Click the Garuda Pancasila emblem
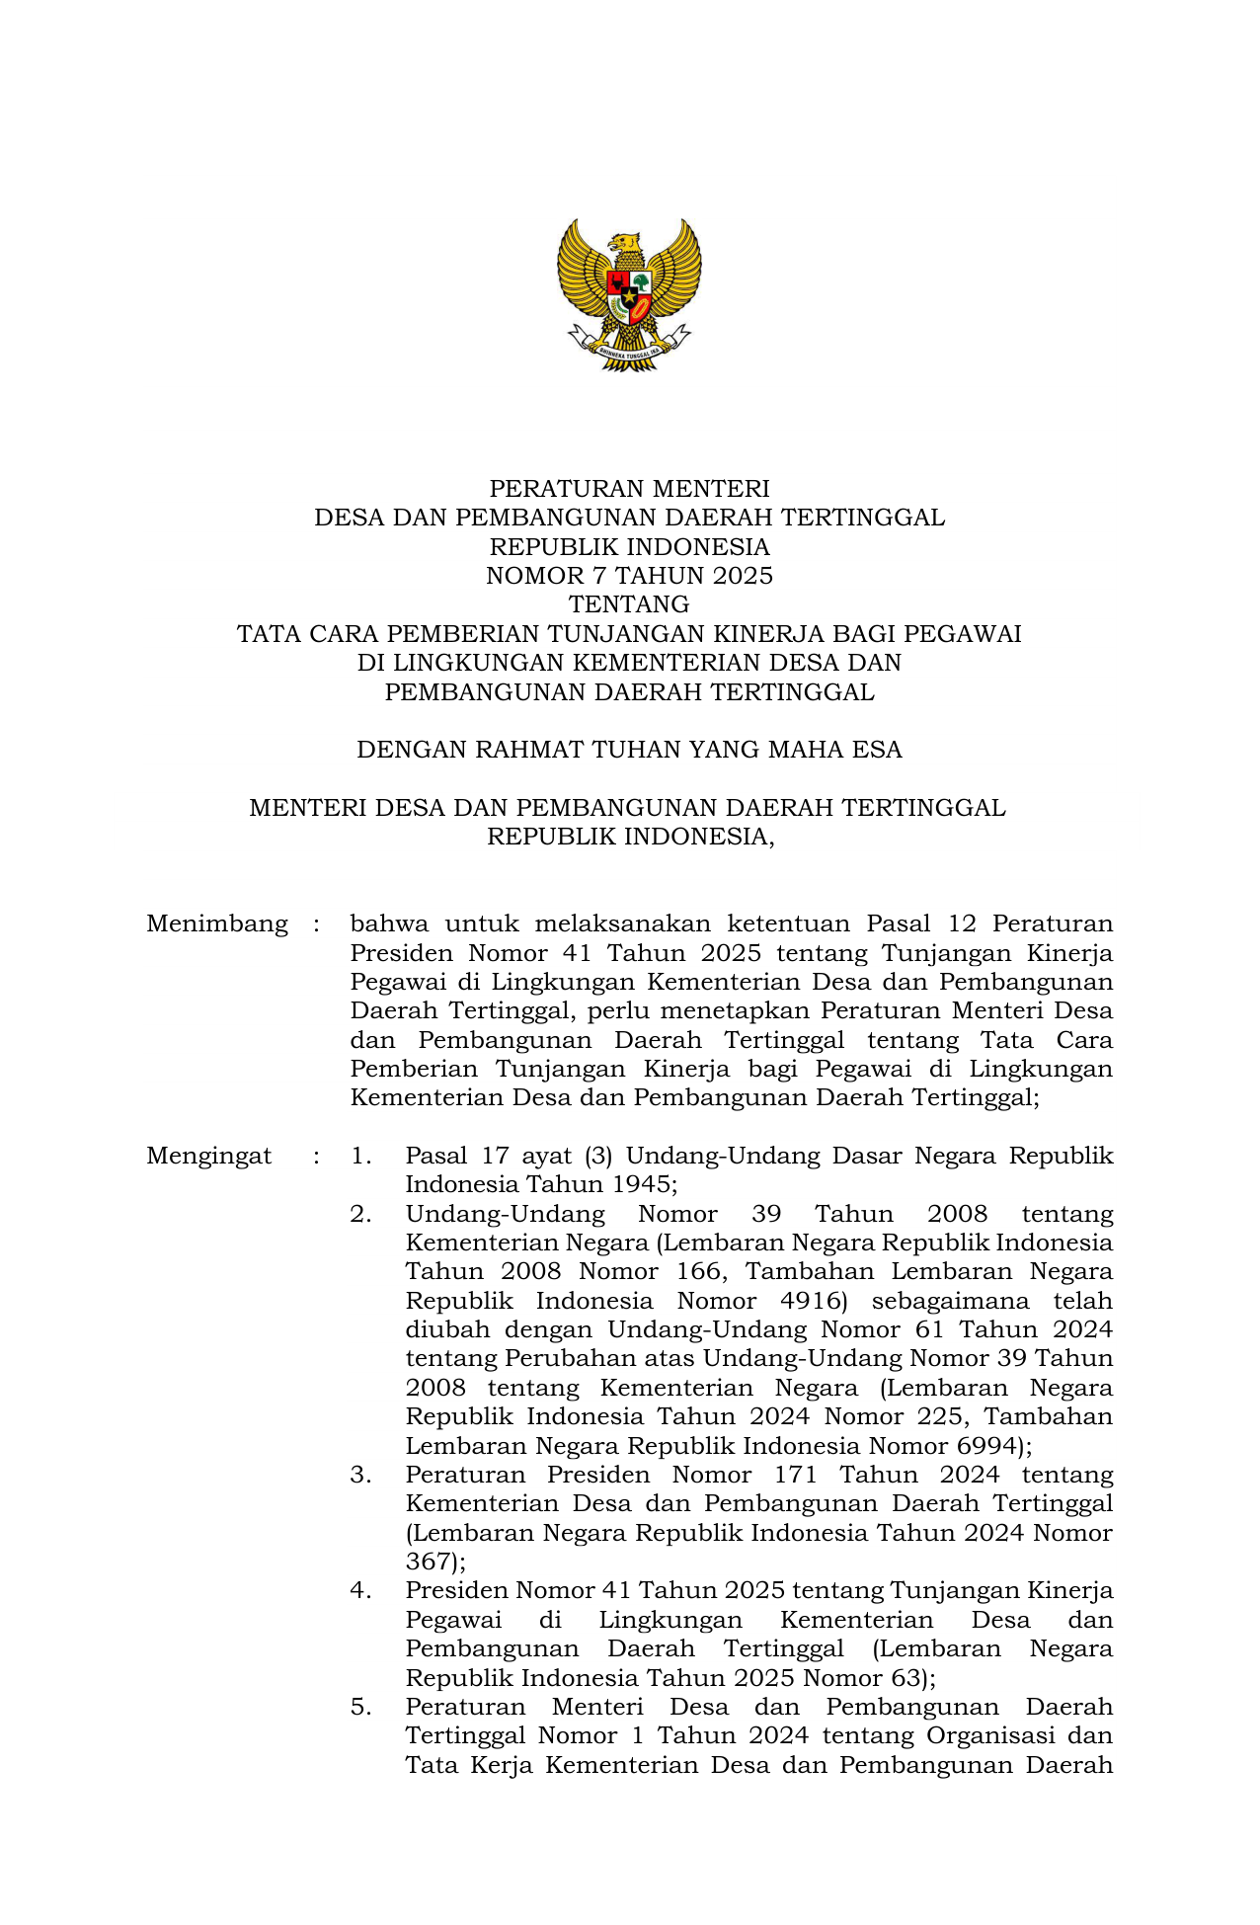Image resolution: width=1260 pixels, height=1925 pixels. pos(629,294)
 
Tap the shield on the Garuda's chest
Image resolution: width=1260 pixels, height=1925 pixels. pos(629,295)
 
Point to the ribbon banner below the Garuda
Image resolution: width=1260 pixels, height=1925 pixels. pos(629,347)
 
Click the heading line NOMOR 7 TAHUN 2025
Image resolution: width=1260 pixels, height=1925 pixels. pos(629,576)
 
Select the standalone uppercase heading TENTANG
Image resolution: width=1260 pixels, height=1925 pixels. pos(629,604)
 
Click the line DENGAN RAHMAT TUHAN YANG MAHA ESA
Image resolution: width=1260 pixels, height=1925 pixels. pos(629,750)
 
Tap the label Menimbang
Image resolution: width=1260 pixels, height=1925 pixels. pos(217,924)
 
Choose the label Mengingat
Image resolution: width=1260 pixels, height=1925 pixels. pos(209,1157)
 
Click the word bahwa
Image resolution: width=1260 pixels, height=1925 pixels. pos(389,924)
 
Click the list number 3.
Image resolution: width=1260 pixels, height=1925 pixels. pos(360,1476)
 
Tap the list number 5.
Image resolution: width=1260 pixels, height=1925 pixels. pos(360,1708)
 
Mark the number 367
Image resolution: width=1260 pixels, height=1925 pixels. pos(430,1563)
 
